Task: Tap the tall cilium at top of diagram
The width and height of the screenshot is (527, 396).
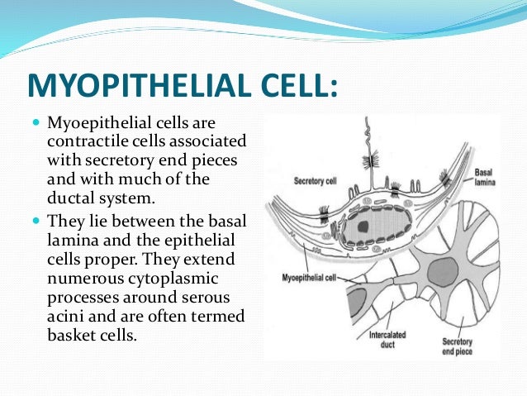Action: [x=367, y=149]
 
